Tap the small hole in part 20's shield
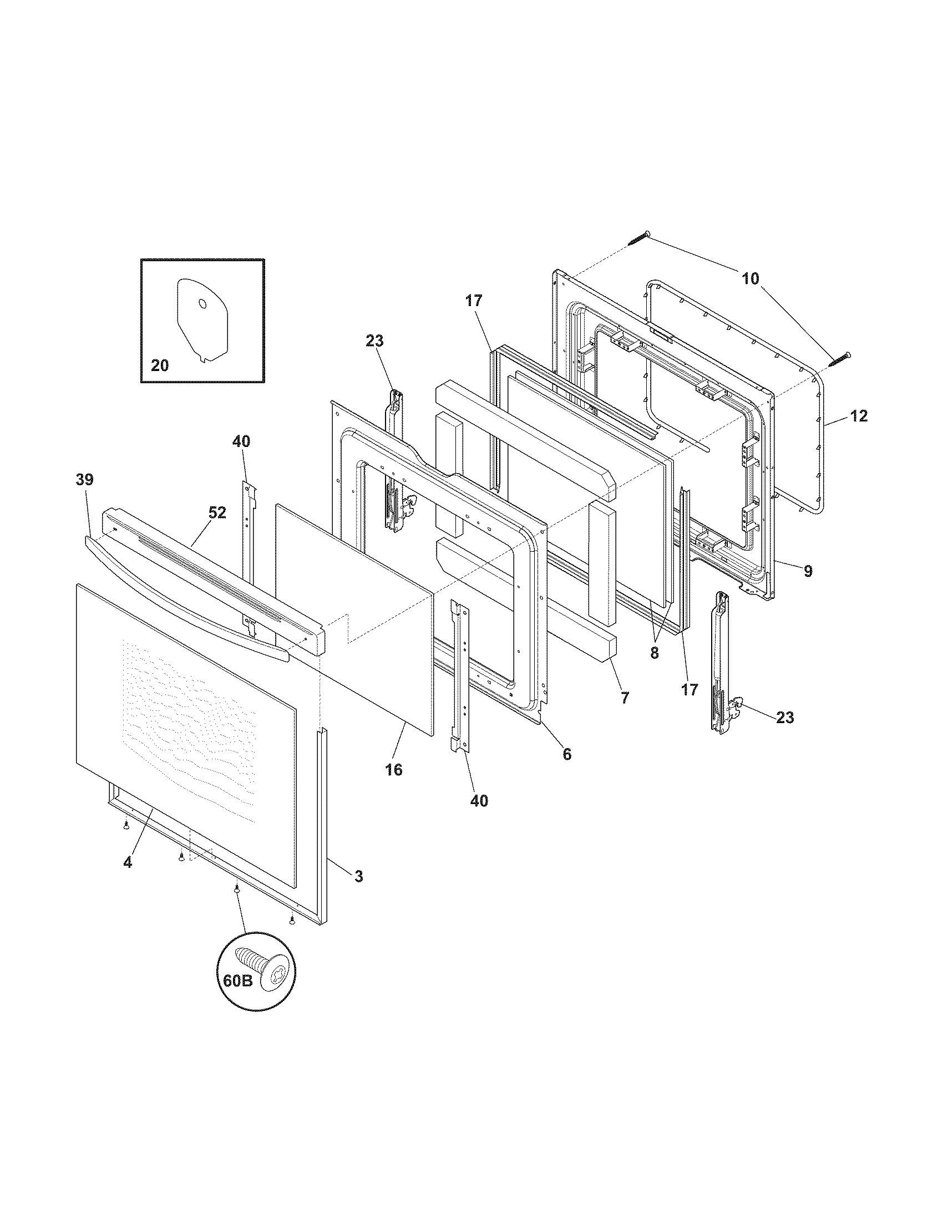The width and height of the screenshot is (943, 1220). click(x=202, y=304)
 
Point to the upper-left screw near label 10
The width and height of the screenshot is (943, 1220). click(x=639, y=238)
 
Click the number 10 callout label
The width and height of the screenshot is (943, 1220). click(x=751, y=278)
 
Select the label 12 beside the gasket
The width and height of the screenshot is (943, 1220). click(x=859, y=415)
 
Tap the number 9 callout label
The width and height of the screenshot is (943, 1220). click(x=808, y=571)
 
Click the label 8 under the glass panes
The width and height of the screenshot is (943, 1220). click(x=654, y=653)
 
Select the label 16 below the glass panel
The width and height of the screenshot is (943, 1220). click(x=393, y=770)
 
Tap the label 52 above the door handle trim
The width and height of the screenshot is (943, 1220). click(x=217, y=512)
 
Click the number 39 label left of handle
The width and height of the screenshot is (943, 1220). click(x=85, y=479)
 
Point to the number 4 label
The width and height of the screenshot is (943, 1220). click(x=128, y=862)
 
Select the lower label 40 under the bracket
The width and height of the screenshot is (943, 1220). click(x=479, y=801)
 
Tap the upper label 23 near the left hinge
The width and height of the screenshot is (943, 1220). click(x=375, y=340)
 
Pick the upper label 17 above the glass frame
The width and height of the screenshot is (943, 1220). click(x=474, y=301)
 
